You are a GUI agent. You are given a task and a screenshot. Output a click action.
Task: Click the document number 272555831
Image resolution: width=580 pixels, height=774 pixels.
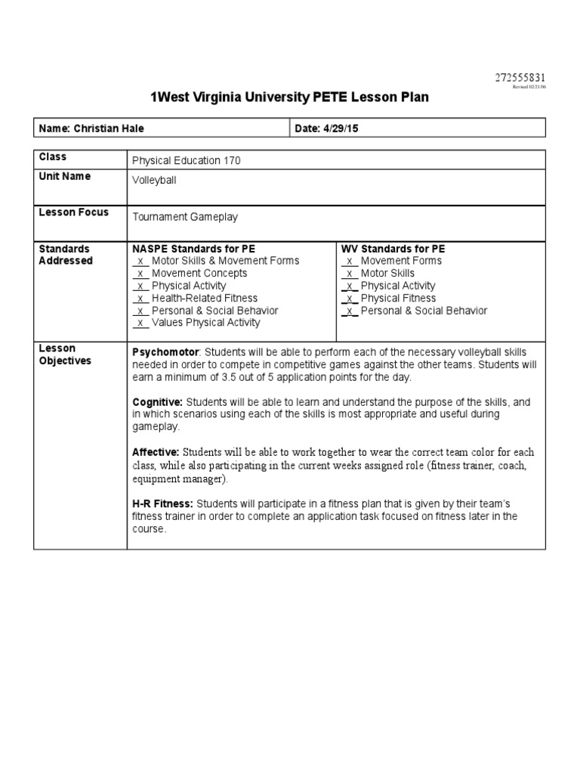pos(520,78)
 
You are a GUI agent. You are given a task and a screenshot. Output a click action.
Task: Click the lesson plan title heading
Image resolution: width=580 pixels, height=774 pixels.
pos(290,98)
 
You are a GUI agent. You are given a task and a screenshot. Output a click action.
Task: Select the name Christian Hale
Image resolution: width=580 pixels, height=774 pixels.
pos(106,128)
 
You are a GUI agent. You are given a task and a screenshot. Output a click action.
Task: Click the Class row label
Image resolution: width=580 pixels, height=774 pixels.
pos(52,157)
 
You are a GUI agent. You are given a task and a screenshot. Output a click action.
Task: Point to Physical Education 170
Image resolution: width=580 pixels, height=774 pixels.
pos(187,160)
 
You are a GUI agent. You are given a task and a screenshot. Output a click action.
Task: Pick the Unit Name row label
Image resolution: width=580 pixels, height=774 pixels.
pos(64,176)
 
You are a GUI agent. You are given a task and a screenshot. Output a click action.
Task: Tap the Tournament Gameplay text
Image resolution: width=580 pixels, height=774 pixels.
pos(185,217)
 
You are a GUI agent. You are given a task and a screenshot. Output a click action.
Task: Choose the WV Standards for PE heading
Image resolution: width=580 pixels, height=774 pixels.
pos(393,249)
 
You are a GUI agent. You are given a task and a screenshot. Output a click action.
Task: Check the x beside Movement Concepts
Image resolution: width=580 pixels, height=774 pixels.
pos(140,274)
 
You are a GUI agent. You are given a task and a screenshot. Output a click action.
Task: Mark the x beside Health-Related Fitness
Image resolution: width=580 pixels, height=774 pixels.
pos(140,299)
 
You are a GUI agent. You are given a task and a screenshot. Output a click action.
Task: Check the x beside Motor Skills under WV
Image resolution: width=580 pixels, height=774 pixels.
pos(350,274)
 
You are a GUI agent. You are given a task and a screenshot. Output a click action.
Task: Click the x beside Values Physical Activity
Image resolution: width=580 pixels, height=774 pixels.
pos(140,323)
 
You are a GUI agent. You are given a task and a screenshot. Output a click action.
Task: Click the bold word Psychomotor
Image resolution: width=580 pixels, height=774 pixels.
pos(165,352)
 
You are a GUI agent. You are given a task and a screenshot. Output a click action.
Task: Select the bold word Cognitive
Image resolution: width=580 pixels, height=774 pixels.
pos(157,402)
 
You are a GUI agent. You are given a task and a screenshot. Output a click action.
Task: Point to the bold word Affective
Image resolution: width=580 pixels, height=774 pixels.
pos(155,452)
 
